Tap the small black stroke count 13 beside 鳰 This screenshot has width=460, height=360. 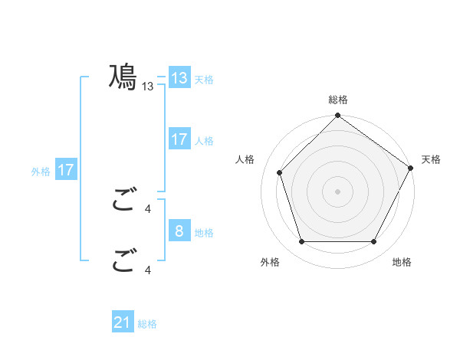pyautogui.click(x=148, y=87)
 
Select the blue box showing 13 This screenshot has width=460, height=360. pyautogui.click(x=179, y=78)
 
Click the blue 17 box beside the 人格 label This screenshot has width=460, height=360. pyautogui.click(x=179, y=139)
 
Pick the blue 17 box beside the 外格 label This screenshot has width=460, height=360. pyautogui.click(x=66, y=170)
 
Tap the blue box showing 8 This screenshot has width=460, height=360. pyautogui.click(x=179, y=231)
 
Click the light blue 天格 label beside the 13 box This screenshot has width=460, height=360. pyautogui.click(x=204, y=79)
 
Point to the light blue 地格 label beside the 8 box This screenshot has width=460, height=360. pyautogui.click(x=204, y=232)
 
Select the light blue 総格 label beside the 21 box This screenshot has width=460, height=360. pyautogui.click(x=147, y=324)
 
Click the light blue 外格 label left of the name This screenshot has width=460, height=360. pyautogui.click(x=41, y=171)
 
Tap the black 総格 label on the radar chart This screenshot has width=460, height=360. pyautogui.click(x=338, y=100)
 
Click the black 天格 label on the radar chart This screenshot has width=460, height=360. pyautogui.click(x=431, y=159)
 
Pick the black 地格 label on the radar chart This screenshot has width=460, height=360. pyautogui.click(x=402, y=262)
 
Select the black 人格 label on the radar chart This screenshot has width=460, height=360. pyautogui.click(x=245, y=159)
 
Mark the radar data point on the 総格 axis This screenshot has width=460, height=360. pyautogui.click(x=338, y=116)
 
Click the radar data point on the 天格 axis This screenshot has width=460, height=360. pyautogui.click(x=411, y=168)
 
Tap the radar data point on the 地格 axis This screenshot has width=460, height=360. pyautogui.click(x=374, y=242)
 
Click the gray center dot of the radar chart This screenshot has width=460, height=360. pyautogui.click(x=338, y=191)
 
